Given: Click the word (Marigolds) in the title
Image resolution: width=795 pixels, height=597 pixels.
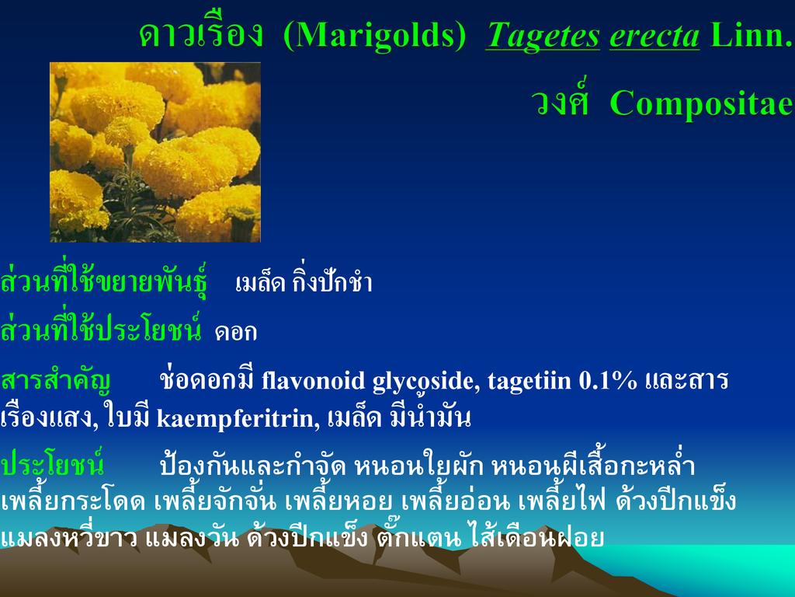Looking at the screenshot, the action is pos(374,36).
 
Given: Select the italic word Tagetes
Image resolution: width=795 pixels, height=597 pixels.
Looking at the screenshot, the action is pos(543,36).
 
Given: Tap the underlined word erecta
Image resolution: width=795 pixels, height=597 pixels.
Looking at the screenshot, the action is pos(654,37).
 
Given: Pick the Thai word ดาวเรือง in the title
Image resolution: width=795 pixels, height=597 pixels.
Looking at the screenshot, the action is pos(201,33).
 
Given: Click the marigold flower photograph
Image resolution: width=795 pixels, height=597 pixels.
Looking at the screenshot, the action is pos(155,152).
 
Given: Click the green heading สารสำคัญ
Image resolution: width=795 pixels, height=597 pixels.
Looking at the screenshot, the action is pos(56,380).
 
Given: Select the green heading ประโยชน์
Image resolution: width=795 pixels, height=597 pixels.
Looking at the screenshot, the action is pos(52,463).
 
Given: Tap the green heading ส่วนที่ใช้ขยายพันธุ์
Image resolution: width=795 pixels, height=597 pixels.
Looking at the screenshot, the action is pos(104,280).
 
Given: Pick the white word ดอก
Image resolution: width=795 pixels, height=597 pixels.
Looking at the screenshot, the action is pos(236,333).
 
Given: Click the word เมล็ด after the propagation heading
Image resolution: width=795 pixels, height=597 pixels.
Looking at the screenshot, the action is pos(261,282).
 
